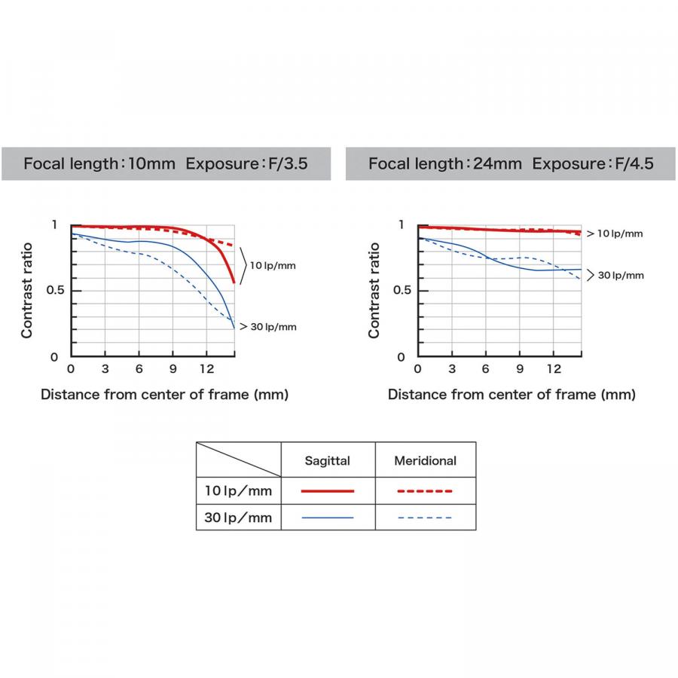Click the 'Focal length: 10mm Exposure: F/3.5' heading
pyautogui.click(x=166, y=163)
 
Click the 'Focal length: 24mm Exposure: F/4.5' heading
pyautogui.click(x=512, y=163)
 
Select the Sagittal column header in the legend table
pyautogui.click(x=328, y=460)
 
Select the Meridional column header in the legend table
pyautogui.click(x=425, y=460)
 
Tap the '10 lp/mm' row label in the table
pyautogui.click(x=238, y=491)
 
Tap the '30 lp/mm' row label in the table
pyautogui.click(x=238, y=518)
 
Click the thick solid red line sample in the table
pyautogui.click(x=328, y=491)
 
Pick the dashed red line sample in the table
pyautogui.click(x=425, y=491)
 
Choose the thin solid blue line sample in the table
pyautogui.click(x=328, y=518)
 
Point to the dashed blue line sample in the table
pyautogui.click(x=425, y=518)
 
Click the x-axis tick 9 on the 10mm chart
pyautogui.click(x=173, y=369)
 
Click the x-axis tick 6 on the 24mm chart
pyautogui.click(x=486, y=369)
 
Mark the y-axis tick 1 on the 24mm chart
pyautogui.click(x=401, y=225)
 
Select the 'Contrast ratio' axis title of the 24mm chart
pyautogui.click(x=374, y=290)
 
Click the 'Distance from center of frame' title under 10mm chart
pyautogui.click(x=164, y=394)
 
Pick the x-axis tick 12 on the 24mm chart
pyautogui.click(x=554, y=369)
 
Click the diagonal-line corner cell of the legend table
pyautogui.click(x=239, y=460)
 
